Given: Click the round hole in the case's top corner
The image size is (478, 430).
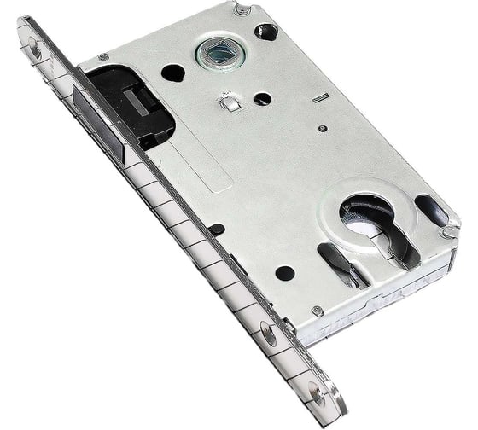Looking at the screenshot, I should click(267, 32).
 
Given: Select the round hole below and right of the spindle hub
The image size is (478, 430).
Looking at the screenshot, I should click(262, 99).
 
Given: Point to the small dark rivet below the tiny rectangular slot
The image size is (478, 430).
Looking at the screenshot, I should click(322, 129).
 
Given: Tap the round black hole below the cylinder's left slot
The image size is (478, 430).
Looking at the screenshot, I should click(284, 274).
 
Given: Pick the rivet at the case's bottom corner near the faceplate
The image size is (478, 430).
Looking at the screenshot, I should click(317, 311).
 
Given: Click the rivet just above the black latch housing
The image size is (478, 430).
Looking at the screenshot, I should click(103, 57).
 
